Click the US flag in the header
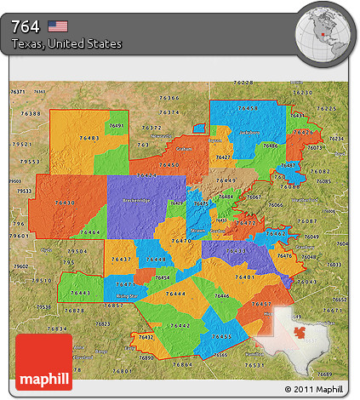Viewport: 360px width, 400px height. point(59,26)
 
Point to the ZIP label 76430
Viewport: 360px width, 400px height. point(65,203)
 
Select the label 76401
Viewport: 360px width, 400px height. point(247,277)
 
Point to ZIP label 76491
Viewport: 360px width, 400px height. point(117,126)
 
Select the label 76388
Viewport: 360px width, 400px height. point(31,113)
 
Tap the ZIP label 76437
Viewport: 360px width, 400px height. point(121,258)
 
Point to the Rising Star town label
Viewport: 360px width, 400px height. point(126,294)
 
